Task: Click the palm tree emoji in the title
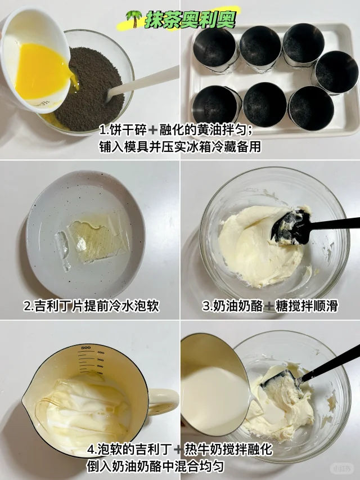[x=134, y=19]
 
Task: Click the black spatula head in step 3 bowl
[x=291, y=227]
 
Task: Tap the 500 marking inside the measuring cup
[x=85, y=347]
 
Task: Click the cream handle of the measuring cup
[x=163, y=402]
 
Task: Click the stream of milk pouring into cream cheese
[x=256, y=401]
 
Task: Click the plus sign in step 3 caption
[x=269, y=306]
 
